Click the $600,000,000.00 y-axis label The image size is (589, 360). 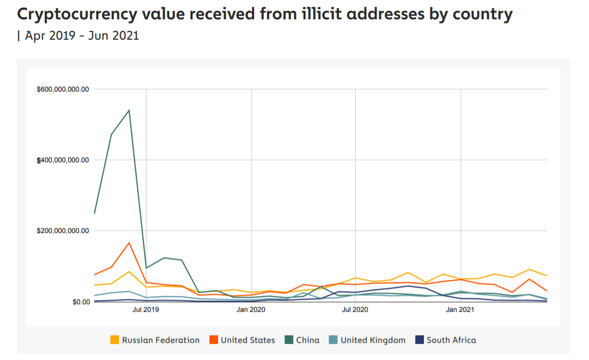(x=63, y=89)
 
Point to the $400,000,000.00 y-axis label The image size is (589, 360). (x=63, y=160)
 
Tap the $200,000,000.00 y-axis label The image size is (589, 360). (x=63, y=231)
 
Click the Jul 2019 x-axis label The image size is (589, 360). (x=146, y=309)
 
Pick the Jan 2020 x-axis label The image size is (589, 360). (x=251, y=309)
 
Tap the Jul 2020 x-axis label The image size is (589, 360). (x=355, y=309)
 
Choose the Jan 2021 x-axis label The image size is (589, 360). (x=460, y=309)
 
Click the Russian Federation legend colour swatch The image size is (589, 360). (x=115, y=340)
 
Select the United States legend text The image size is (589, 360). (x=247, y=340)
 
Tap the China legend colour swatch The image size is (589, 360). (x=288, y=340)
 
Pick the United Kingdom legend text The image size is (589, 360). (x=373, y=340)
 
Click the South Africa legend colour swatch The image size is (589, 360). (x=420, y=340)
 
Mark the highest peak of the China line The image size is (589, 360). (x=129, y=110)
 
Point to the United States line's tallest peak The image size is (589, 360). (x=129, y=243)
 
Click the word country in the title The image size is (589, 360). (x=481, y=15)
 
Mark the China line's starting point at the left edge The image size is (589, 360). (x=95, y=214)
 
